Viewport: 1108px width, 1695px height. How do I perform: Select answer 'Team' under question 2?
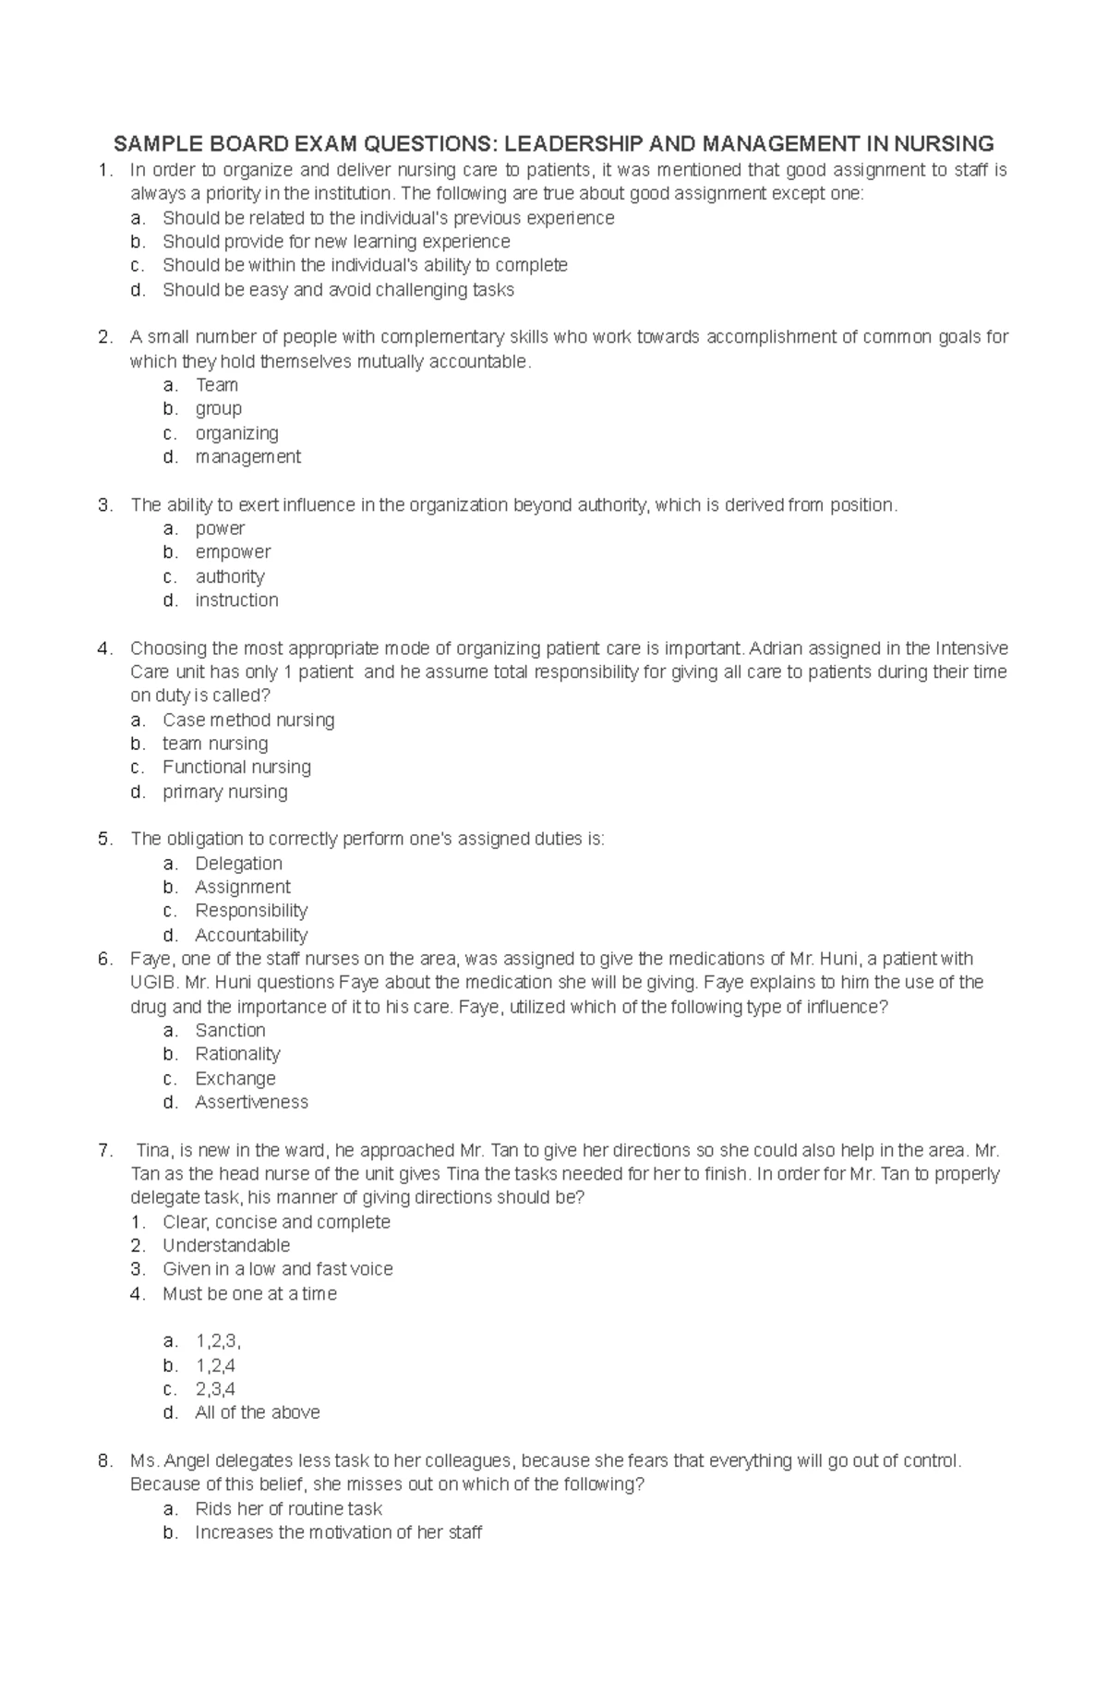217,385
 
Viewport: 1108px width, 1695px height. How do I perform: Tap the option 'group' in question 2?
218,409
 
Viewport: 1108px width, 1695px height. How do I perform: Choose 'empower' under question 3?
233,552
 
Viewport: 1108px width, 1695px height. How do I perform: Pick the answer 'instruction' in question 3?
236,600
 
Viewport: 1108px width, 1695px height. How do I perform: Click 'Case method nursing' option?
248,720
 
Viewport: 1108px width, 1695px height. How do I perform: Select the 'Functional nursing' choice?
236,768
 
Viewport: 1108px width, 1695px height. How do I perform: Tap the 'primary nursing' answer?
224,793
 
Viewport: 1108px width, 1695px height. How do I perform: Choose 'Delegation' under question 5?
238,864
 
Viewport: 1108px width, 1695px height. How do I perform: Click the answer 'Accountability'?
251,936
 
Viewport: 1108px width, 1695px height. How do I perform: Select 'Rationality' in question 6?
237,1055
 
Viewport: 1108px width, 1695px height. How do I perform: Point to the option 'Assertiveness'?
251,1103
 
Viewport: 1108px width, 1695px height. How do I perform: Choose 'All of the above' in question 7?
258,1413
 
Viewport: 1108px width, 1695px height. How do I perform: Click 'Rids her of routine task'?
288,1509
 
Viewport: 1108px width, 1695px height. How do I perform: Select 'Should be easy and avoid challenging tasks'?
338,290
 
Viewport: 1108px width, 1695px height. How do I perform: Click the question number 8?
104,1461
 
